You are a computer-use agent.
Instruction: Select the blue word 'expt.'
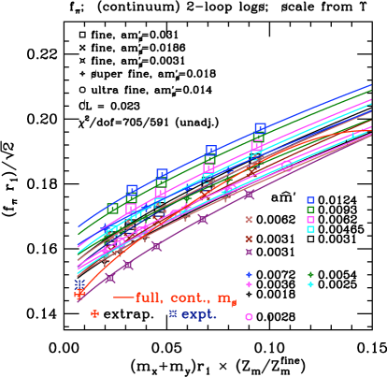(198, 314)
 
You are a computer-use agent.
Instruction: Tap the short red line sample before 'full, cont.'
(122, 297)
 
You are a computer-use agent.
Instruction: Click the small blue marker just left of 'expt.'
(173, 314)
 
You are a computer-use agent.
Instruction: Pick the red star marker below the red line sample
(94, 314)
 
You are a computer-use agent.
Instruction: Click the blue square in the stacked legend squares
(310, 200)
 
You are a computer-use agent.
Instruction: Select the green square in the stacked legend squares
(310, 210)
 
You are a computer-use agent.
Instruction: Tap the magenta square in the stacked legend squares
(310, 220)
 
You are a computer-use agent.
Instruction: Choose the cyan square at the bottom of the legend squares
(310, 229)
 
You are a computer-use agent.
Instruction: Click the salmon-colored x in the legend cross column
(249, 220)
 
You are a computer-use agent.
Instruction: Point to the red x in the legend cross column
(249, 239)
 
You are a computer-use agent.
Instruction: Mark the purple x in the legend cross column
(249, 252)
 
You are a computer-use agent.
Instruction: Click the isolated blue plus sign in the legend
(249, 274)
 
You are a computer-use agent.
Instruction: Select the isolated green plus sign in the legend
(310, 274)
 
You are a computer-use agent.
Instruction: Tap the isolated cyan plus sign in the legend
(310, 284)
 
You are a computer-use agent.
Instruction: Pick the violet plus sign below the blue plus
(249, 284)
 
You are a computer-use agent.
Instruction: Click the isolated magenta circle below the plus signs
(249, 317)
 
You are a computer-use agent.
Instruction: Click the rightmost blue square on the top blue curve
(260, 128)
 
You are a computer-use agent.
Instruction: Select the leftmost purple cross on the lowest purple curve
(79, 297)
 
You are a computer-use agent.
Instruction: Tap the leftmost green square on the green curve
(113, 209)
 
